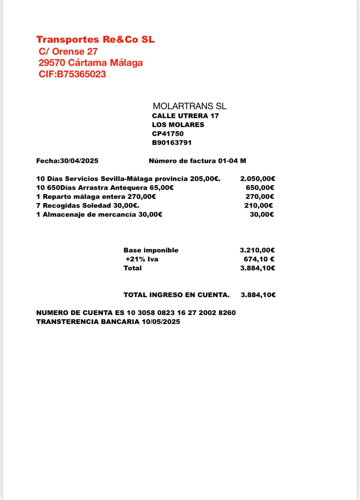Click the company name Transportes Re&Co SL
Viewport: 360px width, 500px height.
[x=95, y=40]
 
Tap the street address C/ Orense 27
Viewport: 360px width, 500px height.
[x=68, y=51]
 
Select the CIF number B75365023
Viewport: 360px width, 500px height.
[x=81, y=74]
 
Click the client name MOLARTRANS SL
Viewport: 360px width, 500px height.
[x=190, y=106]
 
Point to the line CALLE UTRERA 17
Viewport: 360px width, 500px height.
[x=185, y=116]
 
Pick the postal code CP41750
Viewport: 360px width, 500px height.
[x=168, y=134]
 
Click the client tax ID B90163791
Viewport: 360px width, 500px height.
[x=172, y=143]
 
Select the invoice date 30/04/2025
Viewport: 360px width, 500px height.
[x=79, y=161]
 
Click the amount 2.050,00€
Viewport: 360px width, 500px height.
[x=258, y=179]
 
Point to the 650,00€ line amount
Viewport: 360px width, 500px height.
[x=260, y=187]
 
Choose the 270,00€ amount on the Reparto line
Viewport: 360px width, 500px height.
[x=260, y=197]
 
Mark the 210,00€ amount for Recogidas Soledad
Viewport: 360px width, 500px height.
[x=259, y=205]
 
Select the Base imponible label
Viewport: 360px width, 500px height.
[x=151, y=250]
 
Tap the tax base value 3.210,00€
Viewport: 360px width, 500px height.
[x=257, y=250]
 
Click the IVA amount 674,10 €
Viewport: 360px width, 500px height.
[x=259, y=259]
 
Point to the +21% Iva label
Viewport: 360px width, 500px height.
[x=142, y=259]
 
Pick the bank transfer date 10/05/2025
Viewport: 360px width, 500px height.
[x=161, y=322]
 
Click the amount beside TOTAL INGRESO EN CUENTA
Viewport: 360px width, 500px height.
[x=258, y=295]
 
